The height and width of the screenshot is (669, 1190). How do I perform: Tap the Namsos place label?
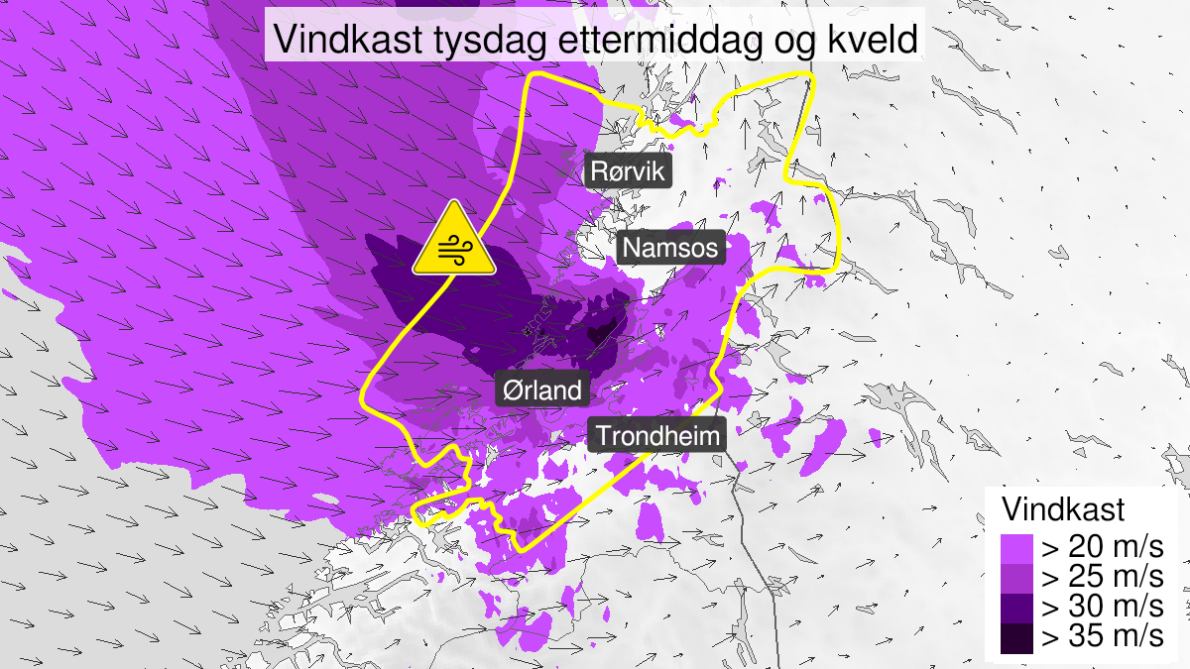(x=671, y=247)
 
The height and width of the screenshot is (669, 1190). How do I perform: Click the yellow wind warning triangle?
(x=454, y=241)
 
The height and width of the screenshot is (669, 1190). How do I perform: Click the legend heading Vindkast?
(x=1063, y=509)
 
